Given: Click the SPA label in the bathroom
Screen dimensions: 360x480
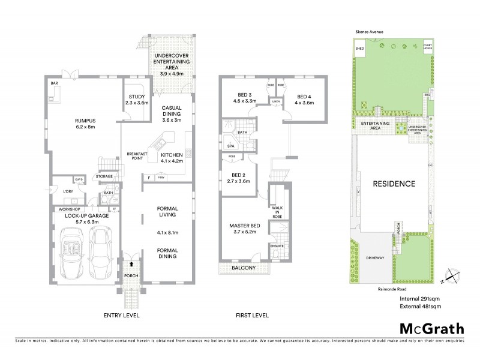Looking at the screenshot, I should click(230, 146).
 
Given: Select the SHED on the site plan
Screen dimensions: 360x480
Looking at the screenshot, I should click(360, 49).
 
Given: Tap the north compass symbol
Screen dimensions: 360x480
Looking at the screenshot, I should click(449, 278).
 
